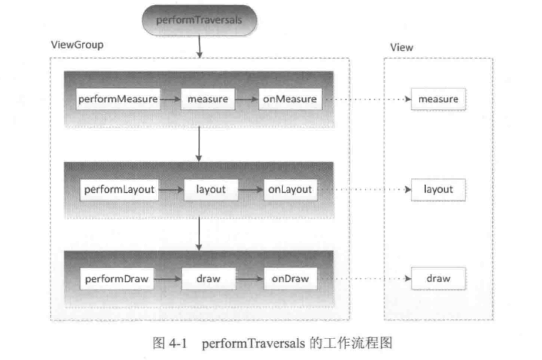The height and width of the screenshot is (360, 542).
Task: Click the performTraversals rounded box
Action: pos(200,20)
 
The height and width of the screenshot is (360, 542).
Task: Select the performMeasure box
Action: pos(118,99)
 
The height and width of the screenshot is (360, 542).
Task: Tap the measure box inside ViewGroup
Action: pos(208,99)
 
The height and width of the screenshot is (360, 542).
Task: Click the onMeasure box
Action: pos(290,99)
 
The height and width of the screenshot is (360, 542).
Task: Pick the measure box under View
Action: pos(438,99)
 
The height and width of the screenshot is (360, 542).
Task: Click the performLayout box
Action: pos(119,190)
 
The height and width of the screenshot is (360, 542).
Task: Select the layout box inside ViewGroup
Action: pos(211,190)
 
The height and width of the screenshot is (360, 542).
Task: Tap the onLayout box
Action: pos(291,190)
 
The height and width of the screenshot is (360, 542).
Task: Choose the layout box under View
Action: pos(438,190)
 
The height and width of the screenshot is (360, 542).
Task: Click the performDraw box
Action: pos(117,279)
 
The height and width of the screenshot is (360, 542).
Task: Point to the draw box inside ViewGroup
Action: pos(209,279)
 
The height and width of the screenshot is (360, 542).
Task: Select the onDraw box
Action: pos(291,279)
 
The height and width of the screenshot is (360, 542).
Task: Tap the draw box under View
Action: pos(438,279)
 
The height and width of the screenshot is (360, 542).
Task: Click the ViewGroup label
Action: pos(77,44)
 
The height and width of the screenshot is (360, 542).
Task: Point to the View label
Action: pos(401,48)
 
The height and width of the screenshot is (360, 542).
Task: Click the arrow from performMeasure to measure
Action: pos(171,99)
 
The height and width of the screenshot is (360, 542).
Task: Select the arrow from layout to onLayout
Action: pos(251,190)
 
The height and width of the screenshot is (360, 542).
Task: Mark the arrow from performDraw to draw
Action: pos(167,279)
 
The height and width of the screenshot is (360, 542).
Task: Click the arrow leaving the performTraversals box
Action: pos(200,46)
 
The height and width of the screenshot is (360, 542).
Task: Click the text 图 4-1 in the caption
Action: pos(170,344)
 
